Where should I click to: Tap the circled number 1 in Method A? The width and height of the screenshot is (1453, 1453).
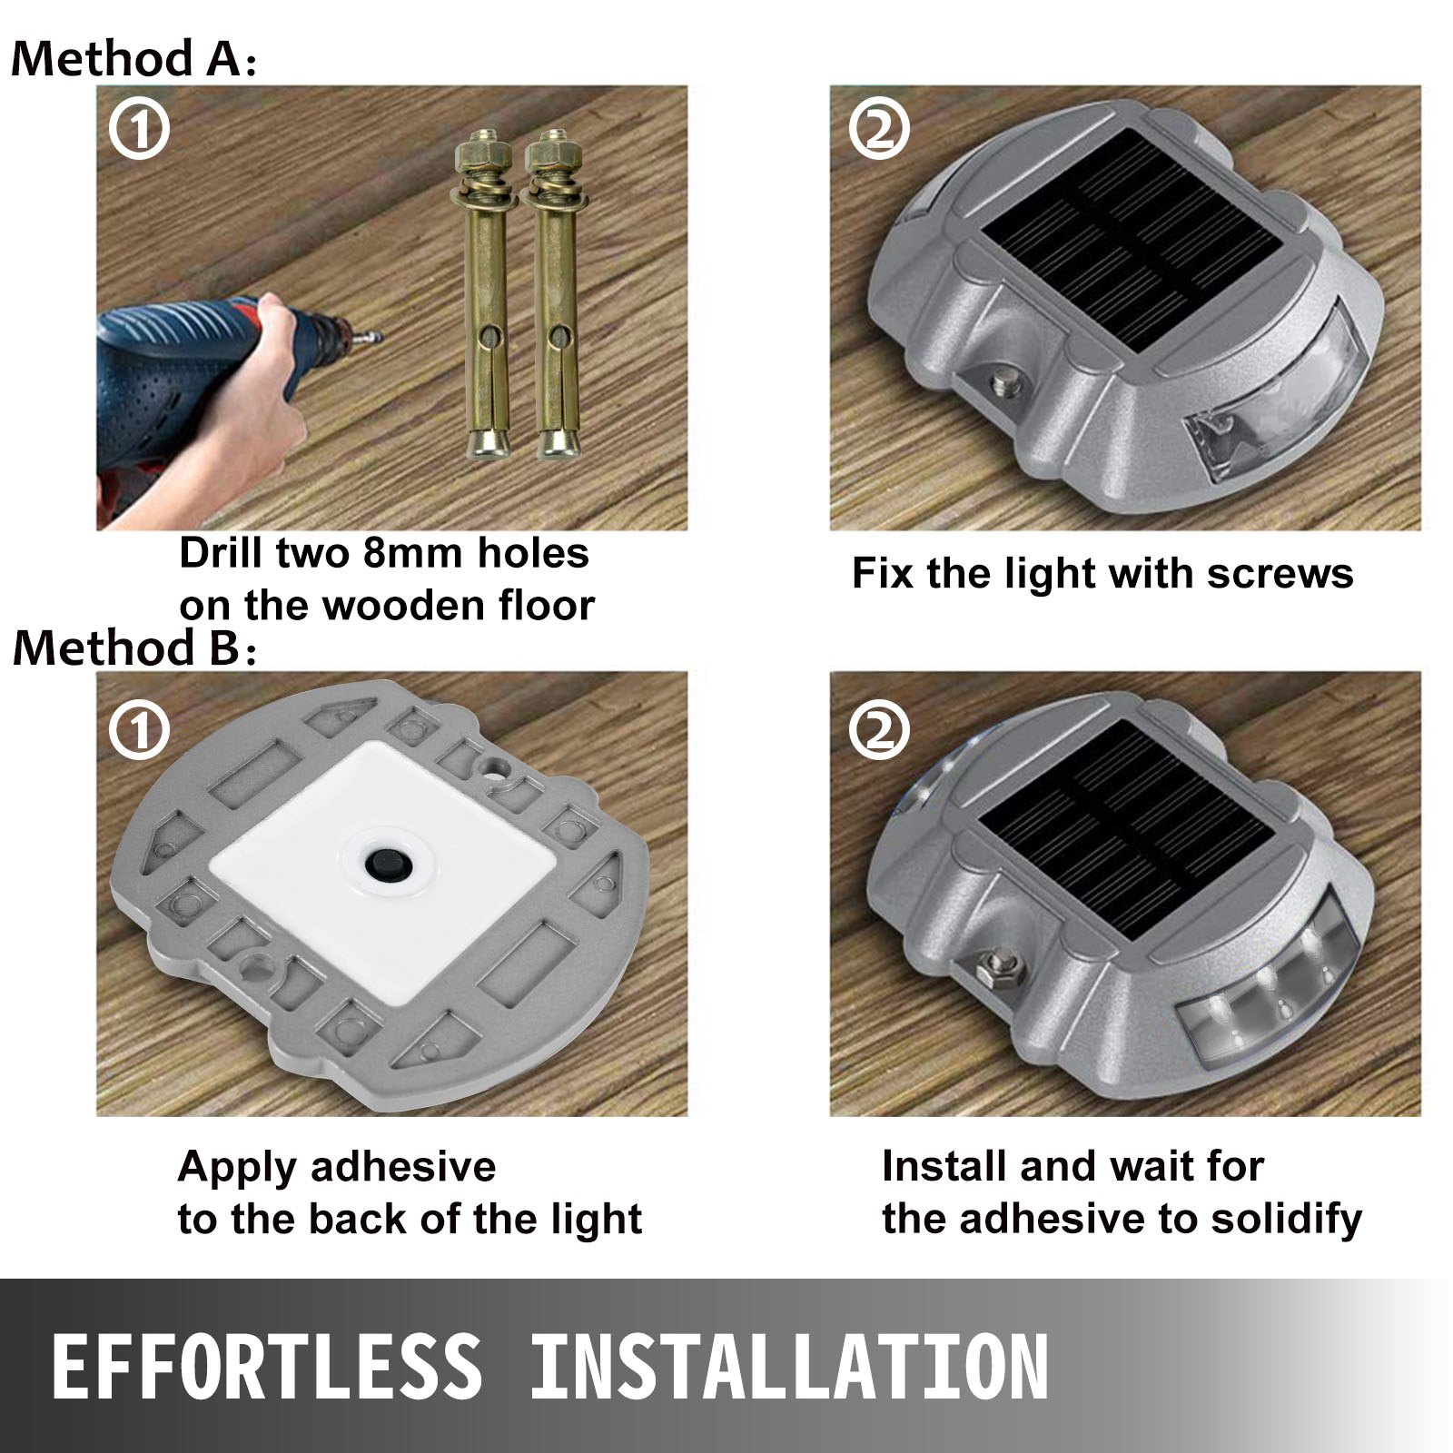point(139,131)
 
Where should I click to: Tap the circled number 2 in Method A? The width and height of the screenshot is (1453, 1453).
point(879,131)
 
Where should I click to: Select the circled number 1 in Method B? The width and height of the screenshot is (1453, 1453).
point(139,729)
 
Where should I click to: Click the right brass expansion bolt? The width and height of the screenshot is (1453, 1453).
point(555,300)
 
